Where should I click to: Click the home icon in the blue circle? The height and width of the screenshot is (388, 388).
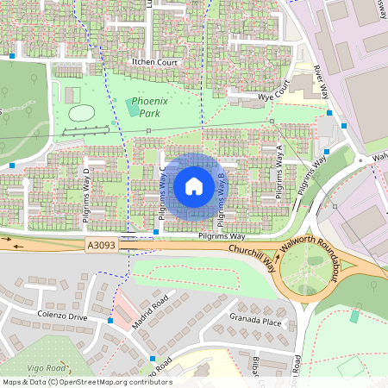194,186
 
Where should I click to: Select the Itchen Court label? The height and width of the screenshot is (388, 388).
154,63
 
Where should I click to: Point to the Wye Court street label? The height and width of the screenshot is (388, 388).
273,93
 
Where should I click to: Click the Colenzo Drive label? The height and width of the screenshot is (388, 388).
61,316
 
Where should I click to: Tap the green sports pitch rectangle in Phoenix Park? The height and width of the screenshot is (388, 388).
132,106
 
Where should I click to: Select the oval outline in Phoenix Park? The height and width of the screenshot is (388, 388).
81,112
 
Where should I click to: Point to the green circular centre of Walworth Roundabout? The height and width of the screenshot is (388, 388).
307,277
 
